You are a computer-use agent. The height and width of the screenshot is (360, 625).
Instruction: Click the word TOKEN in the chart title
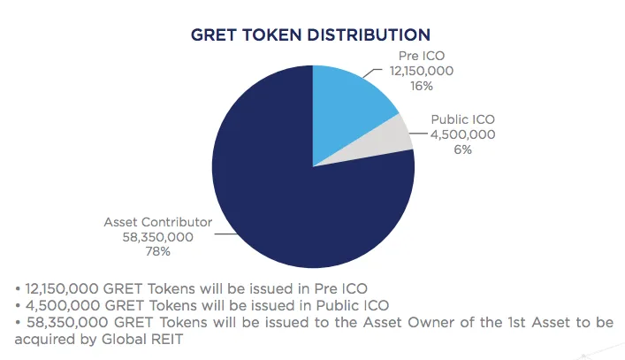[x=271, y=35]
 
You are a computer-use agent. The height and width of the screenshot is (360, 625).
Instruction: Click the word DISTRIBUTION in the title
[x=369, y=35]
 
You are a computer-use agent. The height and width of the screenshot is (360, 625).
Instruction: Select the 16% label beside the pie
[x=422, y=86]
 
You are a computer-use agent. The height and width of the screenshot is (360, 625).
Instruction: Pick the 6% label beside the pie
[x=462, y=149]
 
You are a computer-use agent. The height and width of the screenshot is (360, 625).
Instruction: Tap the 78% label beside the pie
[x=158, y=251]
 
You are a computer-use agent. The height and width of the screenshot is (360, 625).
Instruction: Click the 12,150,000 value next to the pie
[x=422, y=71]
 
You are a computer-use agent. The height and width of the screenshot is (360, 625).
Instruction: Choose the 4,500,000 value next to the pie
[x=462, y=134]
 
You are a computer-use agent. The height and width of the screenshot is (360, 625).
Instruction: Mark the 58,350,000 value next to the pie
[x=158, y=237]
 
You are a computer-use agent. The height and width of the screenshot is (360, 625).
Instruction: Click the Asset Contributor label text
[x=158, y=222]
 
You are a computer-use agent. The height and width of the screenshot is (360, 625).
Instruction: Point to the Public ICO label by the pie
[x=462, y=119]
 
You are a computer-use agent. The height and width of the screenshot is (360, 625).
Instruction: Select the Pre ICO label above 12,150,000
[x=422, y=56]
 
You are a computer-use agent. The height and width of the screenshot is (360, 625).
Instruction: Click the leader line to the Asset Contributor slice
[x=225, y=234]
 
